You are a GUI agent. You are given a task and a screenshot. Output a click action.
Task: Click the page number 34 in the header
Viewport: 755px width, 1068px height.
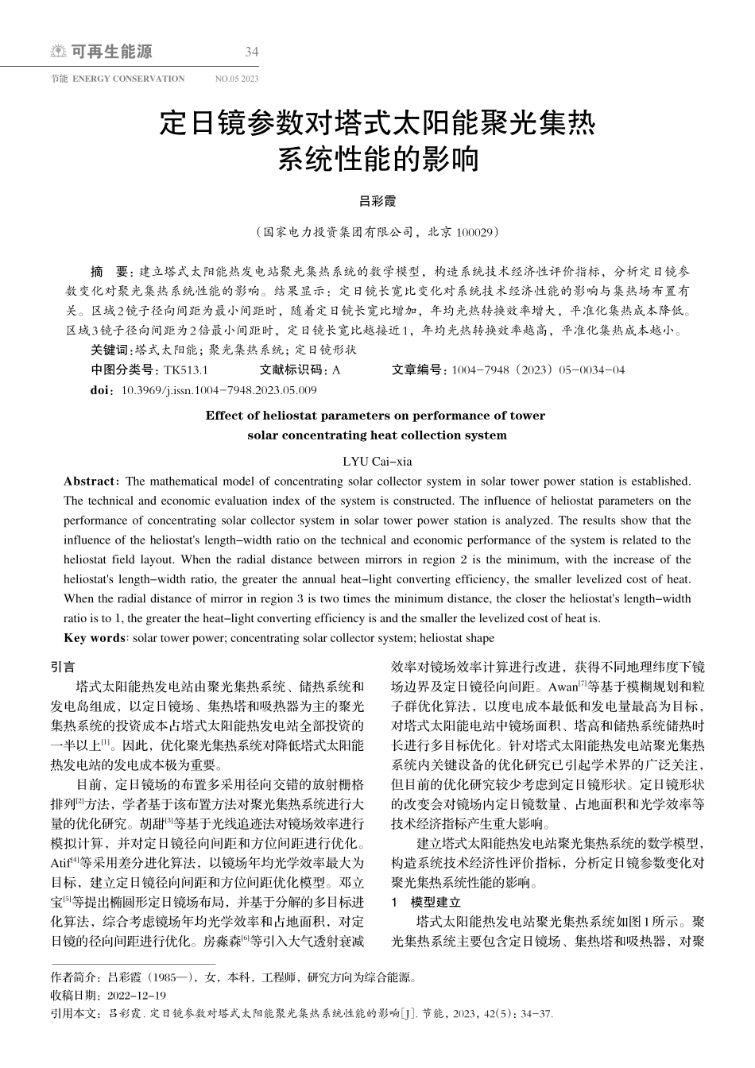pos(252,52)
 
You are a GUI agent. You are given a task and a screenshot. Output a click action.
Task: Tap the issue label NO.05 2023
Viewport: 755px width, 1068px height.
pos(237,79)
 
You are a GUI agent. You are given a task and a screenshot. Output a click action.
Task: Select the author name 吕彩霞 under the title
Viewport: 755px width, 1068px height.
pos(377,202)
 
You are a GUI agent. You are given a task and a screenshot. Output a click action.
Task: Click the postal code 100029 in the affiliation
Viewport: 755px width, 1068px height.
pos(476,233)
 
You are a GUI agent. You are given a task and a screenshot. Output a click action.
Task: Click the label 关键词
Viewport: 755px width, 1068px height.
pos(110,350)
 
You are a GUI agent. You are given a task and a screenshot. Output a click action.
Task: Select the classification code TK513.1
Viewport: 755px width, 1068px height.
pos(185,370)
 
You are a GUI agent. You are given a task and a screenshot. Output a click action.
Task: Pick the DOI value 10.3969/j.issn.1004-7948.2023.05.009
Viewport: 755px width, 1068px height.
pos(219,390)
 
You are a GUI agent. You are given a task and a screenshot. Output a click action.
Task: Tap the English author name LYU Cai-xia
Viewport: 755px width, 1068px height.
pos(377,461)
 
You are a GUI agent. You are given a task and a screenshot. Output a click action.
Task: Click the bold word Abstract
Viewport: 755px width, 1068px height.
pos(89,481)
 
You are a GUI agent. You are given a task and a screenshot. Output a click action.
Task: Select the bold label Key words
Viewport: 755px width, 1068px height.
pos(94,638)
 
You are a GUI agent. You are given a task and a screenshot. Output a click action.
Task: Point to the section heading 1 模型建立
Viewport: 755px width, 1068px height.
pos(427,902)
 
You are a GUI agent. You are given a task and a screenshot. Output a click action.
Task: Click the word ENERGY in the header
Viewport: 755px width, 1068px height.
pos(90,79)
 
